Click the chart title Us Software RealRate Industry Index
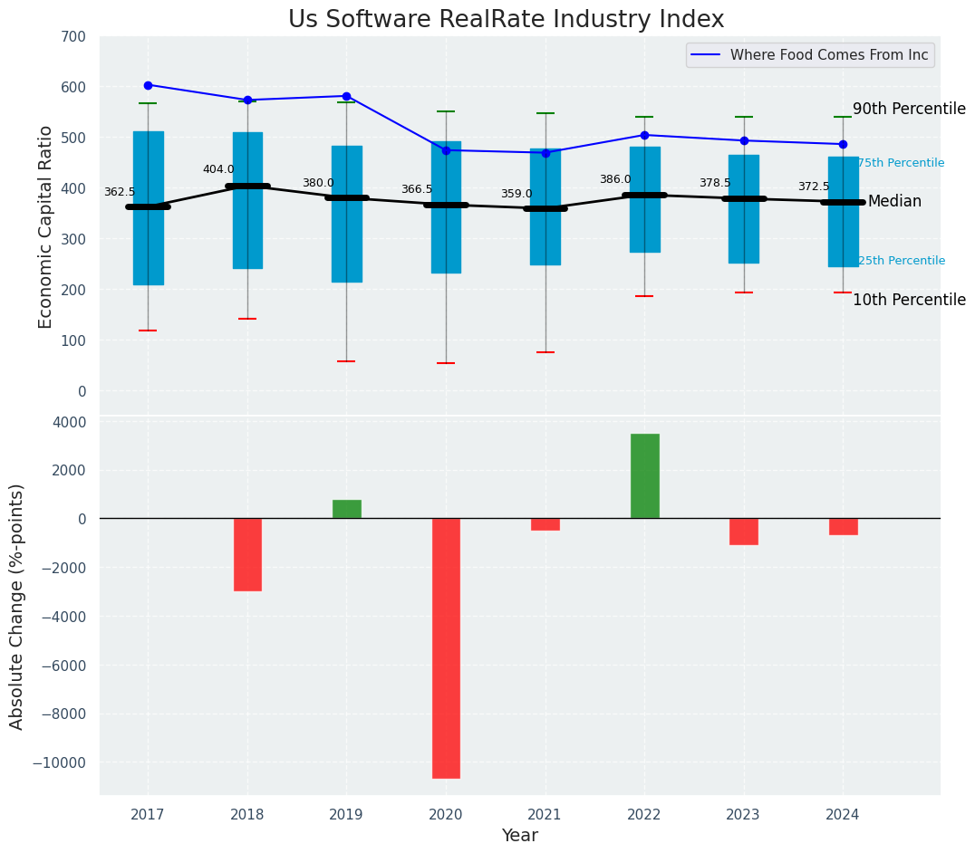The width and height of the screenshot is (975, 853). [506, 20]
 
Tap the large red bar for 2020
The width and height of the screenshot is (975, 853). [446, 647]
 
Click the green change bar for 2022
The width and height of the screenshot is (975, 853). [644, 476]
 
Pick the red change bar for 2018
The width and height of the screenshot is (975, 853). [247, 554]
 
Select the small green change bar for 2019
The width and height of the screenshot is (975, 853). [346, 509]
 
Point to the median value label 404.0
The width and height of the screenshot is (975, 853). [218, 169]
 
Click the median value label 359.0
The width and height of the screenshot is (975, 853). [516, 194]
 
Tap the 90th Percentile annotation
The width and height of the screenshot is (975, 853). [909, 109]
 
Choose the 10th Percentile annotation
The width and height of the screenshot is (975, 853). [909, 300]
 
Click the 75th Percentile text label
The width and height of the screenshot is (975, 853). [901, 163]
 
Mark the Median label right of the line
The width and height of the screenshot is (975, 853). [894, 201]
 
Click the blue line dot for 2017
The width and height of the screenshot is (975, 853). [148, 85]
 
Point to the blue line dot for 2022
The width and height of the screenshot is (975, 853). [644, 135]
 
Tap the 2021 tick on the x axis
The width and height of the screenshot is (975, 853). [545, 815]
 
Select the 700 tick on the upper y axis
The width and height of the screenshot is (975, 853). [73, 36]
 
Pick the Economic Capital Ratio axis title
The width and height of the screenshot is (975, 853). [46, 227]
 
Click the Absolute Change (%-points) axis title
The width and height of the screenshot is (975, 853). [17, 606]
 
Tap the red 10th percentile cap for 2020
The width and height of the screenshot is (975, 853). [446, 363]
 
